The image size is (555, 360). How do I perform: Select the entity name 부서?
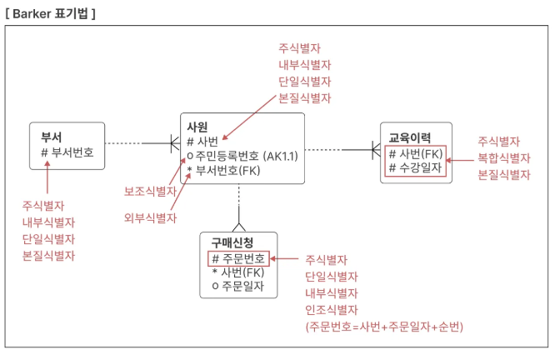[x=52, y=137]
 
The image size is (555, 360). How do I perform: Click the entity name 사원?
[x=197, y=127]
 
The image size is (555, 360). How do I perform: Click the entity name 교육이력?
[x=410, y=137]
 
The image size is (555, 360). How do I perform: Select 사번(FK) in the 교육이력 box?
[x=416, y=153]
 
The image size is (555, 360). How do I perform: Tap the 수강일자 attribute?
[x=416, y=167]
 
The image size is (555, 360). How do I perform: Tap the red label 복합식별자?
[x=503, y=158]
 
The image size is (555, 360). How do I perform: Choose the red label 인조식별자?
[x=332, y=309]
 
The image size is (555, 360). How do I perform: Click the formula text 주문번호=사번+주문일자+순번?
[x=384, y=326]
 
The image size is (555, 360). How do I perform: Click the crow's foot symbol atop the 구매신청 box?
[x=240, y=226]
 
